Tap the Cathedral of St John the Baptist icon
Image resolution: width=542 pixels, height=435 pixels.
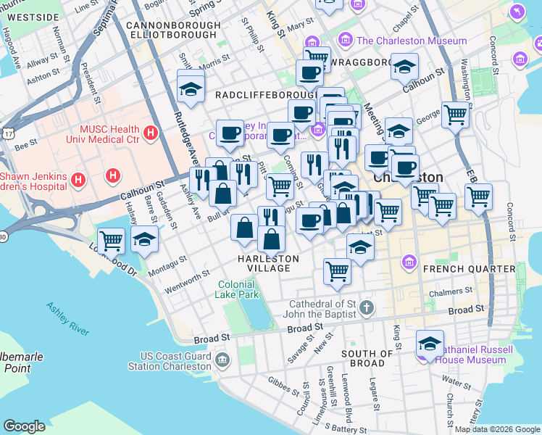pos(367,307)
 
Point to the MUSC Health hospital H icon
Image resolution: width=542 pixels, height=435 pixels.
pos(150,133)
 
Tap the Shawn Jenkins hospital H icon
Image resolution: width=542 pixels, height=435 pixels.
pos(113,175)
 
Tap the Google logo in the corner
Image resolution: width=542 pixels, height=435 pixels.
pos(25,426)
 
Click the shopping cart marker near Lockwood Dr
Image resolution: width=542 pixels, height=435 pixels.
pos(111,241)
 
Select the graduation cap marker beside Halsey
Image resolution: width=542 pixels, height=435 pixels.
pos(145,240)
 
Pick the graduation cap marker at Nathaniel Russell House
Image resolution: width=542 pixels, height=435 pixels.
pos(430,344)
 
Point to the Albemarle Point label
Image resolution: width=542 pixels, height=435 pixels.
pos(21,362)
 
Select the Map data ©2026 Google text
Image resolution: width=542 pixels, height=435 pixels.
pos(496,429)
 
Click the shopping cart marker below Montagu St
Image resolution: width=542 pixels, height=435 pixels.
pos(337,271)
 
